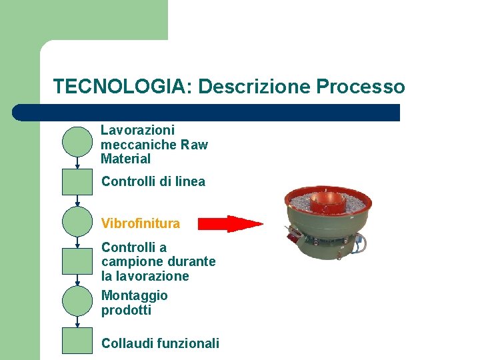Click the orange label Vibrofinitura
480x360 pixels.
coord(141,223)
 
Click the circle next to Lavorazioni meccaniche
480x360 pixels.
coord(77,141)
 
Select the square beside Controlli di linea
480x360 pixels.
coord(77,181)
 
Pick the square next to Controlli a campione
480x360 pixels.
coord(77,261)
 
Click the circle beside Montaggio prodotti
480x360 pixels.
coord(77,301)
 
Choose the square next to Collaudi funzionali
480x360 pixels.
coord(77,340)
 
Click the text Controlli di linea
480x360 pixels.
coord(153,181)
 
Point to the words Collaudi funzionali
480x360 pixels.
coord(160,343)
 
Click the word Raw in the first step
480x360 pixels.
coord(195,145)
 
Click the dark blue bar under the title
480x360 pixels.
coord(207,112)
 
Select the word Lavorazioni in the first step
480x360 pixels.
coord(137,130)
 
